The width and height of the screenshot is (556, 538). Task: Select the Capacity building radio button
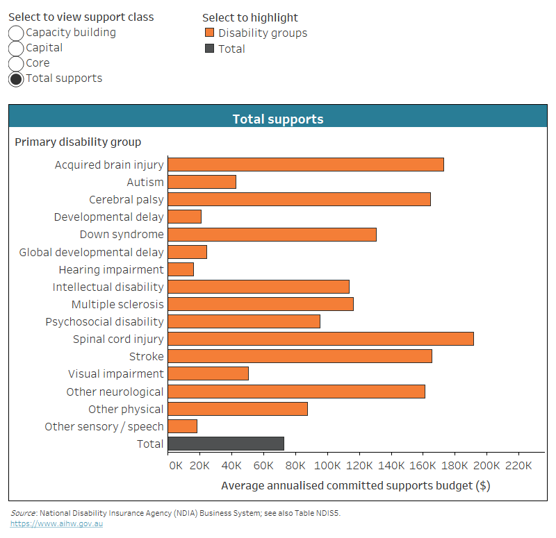click(x=16, y=33)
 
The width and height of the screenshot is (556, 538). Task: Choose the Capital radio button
click(x=16, y=48)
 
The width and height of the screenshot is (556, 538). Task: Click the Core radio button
click(x=16, y=63)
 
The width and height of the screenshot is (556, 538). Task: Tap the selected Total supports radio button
click(x=16, y=78)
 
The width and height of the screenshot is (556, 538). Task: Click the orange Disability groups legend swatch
click(x=209, y=33)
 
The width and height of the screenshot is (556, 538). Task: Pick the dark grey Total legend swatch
click(x=209, y=49)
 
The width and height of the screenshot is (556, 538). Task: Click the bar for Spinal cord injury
click(x=320, y=339)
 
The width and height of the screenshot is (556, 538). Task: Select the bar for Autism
click(x=202, y=182)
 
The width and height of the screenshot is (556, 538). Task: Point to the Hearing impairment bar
click(x=181, y=269)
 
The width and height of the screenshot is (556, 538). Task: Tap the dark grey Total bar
click(x=226, y=444)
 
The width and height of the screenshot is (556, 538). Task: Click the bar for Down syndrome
click(x=272, y=235)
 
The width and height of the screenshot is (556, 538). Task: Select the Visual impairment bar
click(x=208, y=373)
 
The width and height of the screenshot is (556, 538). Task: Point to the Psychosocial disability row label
click(x=104, y=322)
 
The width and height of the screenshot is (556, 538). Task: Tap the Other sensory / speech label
click(x=104, y=426)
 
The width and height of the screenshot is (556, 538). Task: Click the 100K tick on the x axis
click(x=327, y=465)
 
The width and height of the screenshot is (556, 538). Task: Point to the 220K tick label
click(x=518, y=465)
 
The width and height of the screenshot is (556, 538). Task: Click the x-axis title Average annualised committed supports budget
click(x=355, y=485)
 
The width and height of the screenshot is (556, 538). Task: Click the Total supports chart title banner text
click(x=278, y=119)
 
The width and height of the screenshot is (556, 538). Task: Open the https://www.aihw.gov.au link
click(x=56, y=523)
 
